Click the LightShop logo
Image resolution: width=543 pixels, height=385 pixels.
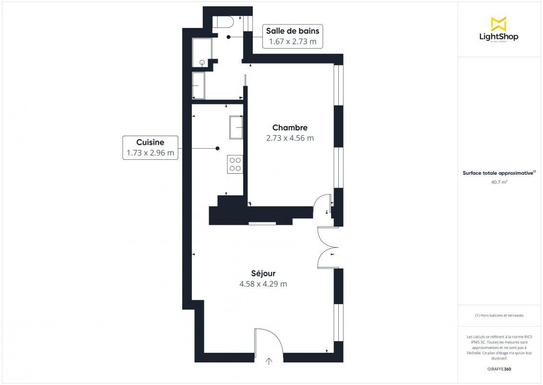pyautogui.click(x=499, y=29)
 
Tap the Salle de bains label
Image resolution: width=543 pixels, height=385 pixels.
pyautogui.click(x=293, y=31)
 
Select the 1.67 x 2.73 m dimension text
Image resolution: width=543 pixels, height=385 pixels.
pyautogui.click(x=293, y=41)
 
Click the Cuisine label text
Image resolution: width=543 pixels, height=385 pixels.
pyautogui.click(x=150, y=142)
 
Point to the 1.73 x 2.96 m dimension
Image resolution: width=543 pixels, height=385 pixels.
pyautogui.click(x=150, y=153)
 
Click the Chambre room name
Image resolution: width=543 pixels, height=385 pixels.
pyautogui.click(x=290, y=128)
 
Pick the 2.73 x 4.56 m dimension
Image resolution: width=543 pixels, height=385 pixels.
pyautogui.click(x=290, y=138)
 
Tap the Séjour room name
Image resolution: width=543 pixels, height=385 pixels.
pyautogui.click(x=263, y=273)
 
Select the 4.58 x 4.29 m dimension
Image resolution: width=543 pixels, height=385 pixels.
pyautogui.click(x=263, y=284)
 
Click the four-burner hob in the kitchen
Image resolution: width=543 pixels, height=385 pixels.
pyautogui.click(x=235, y=165)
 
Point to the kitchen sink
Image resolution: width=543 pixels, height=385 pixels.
pyautogui.click(x=236, y=128)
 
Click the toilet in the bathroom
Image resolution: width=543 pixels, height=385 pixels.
pyautogui.click(x=223, y=22)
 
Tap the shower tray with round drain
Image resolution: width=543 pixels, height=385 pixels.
pyautogui.click(x=202, y=52)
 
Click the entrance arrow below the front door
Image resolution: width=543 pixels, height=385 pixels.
pyautogui.click(x=269, y=361)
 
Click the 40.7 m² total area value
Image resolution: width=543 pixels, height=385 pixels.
pyautogui.click(x=499, y=182)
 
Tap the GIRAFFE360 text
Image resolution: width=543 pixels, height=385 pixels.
pyautogui.click(x=499, y=369)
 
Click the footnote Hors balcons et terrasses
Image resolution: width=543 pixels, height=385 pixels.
pyautogui.click(x=499, y=315)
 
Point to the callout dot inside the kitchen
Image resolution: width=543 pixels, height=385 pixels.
pyautogui.click(x=218, y=148)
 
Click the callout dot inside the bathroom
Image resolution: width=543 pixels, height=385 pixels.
pyautogui.click(x=229, y=37)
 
